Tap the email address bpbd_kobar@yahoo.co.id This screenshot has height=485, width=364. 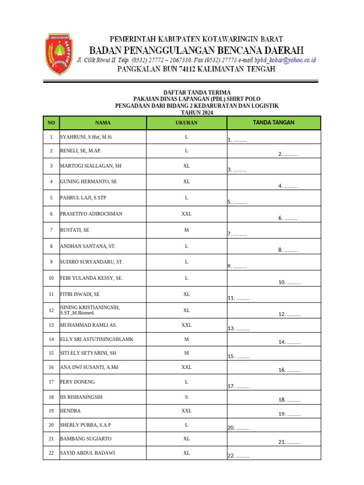coord(285,61)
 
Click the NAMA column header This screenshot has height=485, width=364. coord(102,123)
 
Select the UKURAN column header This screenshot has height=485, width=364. coord(186,123)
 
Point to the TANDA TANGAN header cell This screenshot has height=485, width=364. coord(273,123)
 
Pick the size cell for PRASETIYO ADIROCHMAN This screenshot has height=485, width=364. coord(186,214)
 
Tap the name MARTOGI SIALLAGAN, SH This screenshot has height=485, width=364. coord(91,166)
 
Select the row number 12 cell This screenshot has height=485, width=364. coord(51,311)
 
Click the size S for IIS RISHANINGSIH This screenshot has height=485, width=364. coord(186,397)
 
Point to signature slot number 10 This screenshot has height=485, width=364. coord(289,283)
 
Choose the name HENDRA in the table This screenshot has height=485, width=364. coord(70,411)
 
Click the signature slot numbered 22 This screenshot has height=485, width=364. coord(238,456)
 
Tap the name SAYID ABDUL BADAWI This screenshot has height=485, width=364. coord(87,453)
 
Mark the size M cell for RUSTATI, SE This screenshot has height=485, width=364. coord(186,230)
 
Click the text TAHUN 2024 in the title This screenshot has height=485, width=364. coord(197,113)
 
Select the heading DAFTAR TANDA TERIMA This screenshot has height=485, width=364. coord(197,92)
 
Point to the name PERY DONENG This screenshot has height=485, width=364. coord(77,382)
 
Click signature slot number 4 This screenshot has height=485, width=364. coord(288,186)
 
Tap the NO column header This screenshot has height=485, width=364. coord(51,123)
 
